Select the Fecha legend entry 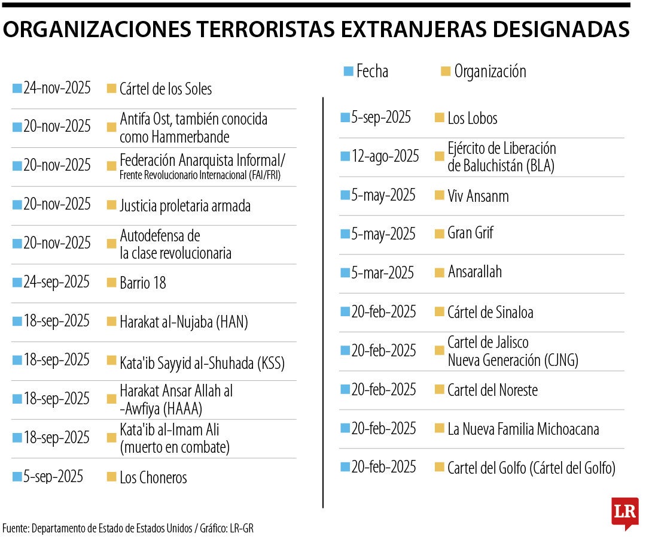point(371,71)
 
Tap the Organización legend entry point(489,71)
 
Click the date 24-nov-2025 point(57,89)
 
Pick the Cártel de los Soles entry point(166,89)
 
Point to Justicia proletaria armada point(185,206)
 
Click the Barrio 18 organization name point(142,283)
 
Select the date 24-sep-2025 point(56,282)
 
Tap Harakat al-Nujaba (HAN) point(184,322)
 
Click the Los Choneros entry point(153,477)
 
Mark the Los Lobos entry point(472,118)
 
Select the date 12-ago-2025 point(385,156)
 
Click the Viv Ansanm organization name point(478,196)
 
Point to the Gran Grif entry point(470,233)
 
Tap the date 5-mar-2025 point(383,273)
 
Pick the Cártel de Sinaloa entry point(490,312)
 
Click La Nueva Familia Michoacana point(523,429)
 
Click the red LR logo point(624,513)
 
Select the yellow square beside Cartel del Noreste point(440,390)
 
